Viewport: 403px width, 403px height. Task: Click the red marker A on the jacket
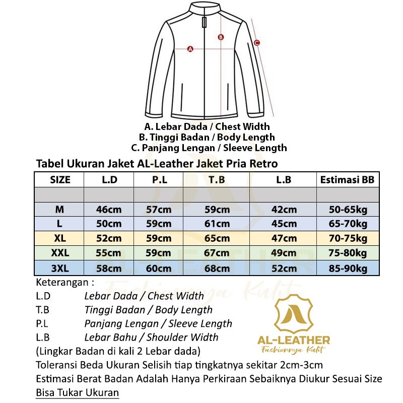(190, 49)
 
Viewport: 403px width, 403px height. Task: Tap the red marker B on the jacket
(221, 37)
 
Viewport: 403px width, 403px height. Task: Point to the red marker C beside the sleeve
(256, 43)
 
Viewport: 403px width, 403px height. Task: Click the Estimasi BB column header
(347, 180)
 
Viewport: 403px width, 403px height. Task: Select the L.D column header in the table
(109, 180)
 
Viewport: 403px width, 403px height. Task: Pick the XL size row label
(59, 238)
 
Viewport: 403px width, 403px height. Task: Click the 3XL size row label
(59, 267)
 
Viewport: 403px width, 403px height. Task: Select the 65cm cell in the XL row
(217, 238)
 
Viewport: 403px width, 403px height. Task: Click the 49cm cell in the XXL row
(283, 253)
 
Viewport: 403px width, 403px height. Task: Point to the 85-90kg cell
(347, 267)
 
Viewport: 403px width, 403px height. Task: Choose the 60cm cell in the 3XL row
(159, 267)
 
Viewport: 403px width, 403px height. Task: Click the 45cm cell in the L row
(283, 224)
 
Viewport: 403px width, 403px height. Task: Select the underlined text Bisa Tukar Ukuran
(78, 393)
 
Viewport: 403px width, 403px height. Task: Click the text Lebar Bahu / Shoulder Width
(151, 338)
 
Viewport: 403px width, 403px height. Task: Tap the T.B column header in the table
(217, 180)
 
